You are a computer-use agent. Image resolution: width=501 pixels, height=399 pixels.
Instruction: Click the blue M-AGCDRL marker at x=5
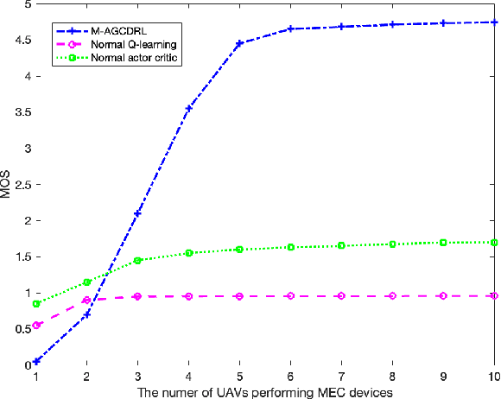click(x=239, y=42)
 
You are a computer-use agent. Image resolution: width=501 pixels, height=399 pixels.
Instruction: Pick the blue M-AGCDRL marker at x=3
click(x=137, y=212)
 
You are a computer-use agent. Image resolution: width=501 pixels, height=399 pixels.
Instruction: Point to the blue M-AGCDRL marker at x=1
click(x=35, y=361)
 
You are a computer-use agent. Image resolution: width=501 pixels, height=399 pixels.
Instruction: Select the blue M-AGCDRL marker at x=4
click(x=188, y=108)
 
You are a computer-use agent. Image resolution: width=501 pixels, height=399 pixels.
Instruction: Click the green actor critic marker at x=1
click(x=35, y=303)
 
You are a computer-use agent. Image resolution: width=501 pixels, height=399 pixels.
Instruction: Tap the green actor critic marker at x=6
click(x=291, y=247)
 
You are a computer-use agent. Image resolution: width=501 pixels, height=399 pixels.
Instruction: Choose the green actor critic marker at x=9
click(x=443, y=243)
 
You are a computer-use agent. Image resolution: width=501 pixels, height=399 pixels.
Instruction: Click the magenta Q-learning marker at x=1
click(x=35, y=325)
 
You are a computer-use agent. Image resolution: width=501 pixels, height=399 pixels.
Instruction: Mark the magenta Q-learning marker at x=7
click(x=342, y=295)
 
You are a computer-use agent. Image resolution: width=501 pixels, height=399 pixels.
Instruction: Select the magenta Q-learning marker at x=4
click(x=188, y=296)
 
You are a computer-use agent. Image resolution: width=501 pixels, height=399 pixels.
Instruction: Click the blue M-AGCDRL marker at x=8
click(x=392, y=24)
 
